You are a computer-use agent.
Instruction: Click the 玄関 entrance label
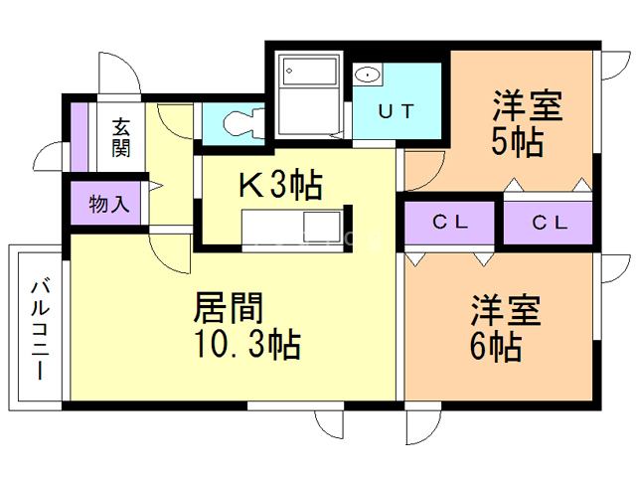[x=121, y=137]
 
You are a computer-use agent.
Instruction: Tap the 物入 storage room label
[x=109, y=203]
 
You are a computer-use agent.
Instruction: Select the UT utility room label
[x=397, y=111]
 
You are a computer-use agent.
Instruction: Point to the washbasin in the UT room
[x=368, y=75]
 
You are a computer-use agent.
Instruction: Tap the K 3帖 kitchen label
[x=280, y=185]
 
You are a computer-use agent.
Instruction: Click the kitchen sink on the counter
[x=322, y=227]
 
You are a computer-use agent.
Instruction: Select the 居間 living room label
[x=229, y=307]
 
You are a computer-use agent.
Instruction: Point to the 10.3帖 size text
[x=247, y=344]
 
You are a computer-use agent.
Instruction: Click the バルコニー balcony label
[x=41, y=329]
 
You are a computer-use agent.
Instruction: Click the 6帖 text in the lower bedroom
[x=496, y=347]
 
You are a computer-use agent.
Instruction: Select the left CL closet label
[x=450, y=222]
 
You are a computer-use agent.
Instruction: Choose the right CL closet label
[x=550, y=223]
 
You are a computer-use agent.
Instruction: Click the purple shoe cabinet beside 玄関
[x=79, y=137]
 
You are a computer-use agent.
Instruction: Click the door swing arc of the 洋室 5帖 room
[x=434, y=177]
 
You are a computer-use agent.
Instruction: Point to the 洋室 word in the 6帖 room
[x=506, y=310]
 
